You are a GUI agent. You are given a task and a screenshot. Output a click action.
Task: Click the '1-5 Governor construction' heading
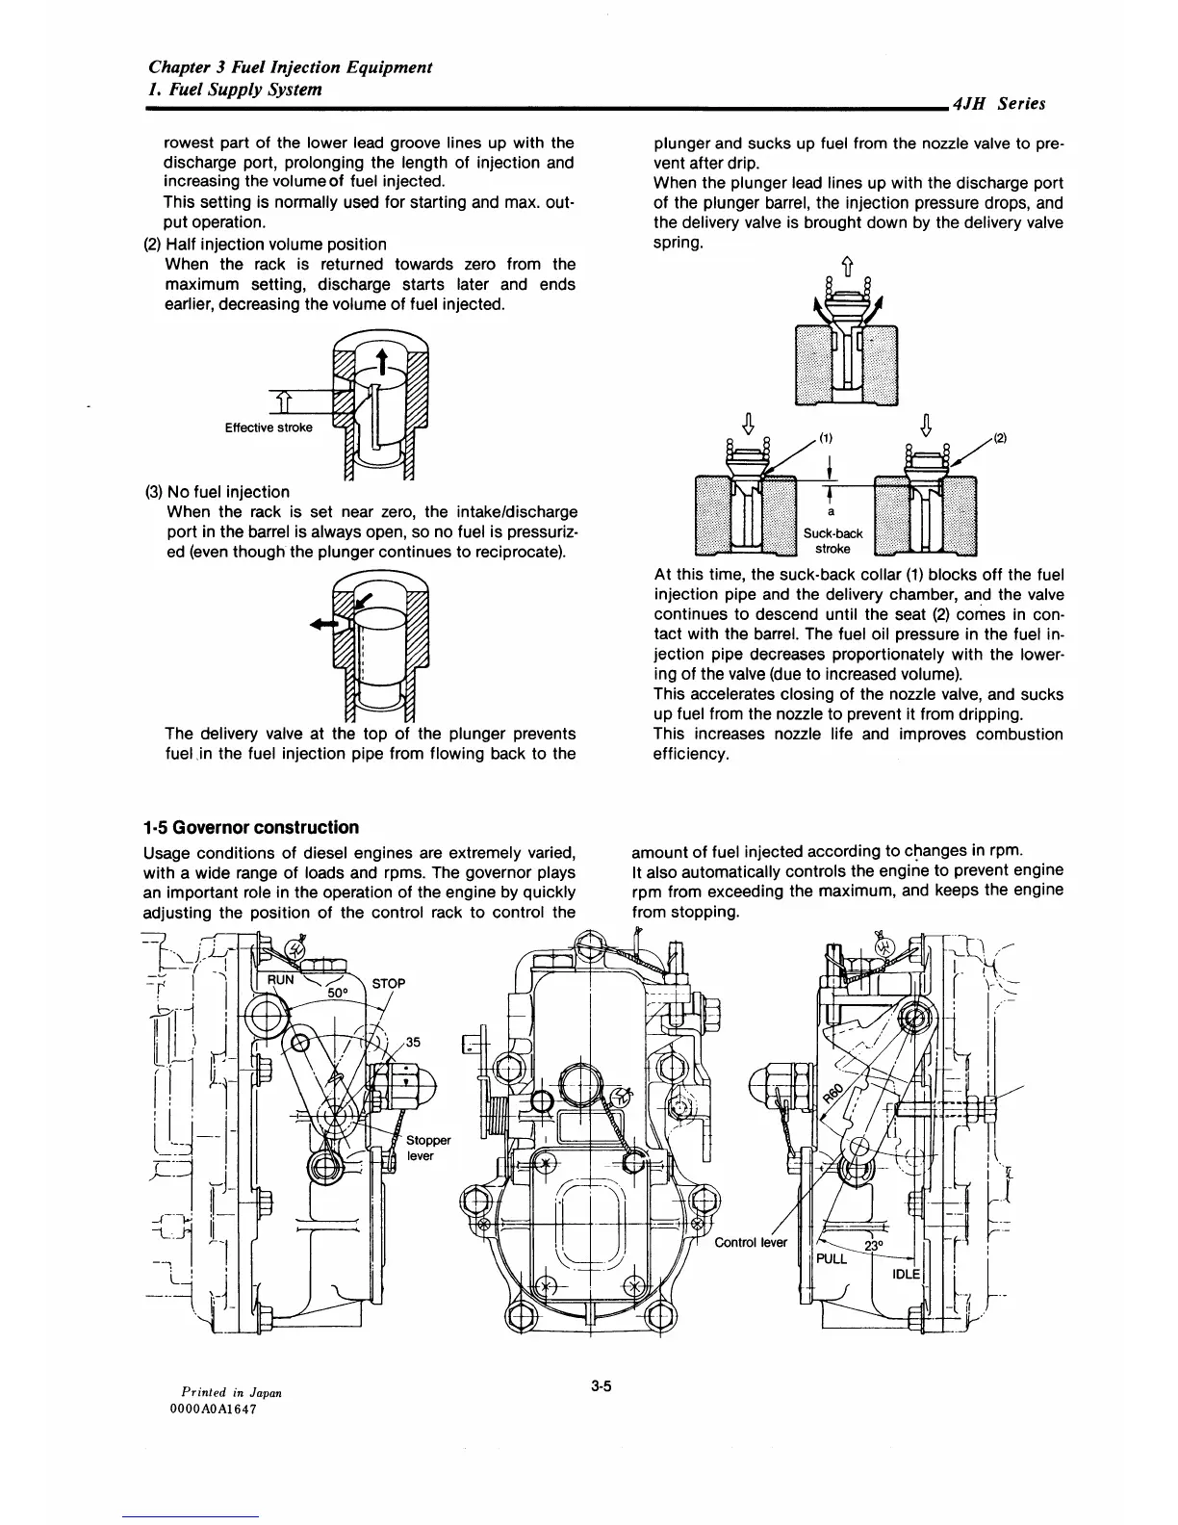250,827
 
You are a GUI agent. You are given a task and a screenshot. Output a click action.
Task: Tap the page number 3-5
603,1386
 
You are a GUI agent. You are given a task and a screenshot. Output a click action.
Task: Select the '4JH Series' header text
998,104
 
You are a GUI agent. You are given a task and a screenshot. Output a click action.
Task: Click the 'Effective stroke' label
269,427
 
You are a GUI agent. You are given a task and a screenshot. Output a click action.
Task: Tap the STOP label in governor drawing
389,984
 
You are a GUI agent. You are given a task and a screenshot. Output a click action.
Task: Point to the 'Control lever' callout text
751,1242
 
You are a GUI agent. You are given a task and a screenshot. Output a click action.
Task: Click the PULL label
832,1258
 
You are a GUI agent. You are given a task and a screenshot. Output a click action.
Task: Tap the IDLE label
907,1274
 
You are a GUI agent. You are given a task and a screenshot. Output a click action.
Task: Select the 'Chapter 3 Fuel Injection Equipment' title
290,67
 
